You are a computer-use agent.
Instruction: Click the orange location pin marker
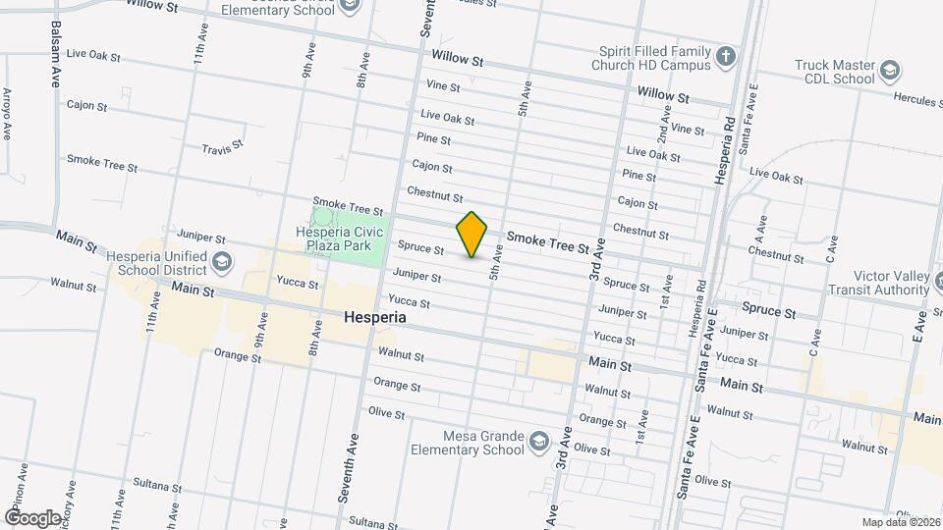472,235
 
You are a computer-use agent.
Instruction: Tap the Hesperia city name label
375,319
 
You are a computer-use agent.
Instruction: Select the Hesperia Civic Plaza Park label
338,239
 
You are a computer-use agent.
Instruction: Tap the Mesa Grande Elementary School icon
538,442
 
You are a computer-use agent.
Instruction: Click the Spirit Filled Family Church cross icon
727,55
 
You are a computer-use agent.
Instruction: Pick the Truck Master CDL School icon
889,71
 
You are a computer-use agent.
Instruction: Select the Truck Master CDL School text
835,72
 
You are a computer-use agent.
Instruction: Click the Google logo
32,517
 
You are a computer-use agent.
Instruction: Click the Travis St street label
221,149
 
